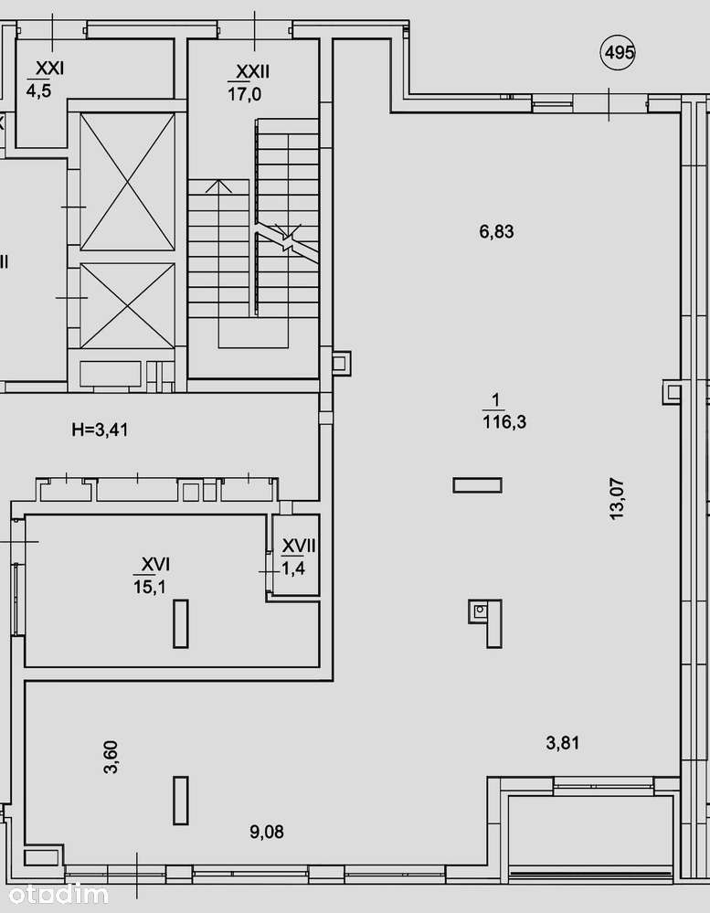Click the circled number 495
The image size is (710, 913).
click(618, 53)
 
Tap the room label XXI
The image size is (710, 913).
click(49, 69)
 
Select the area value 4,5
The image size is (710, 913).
click(38, 90)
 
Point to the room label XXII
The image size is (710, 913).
click(252, 71)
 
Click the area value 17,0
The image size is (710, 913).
click(244, 94)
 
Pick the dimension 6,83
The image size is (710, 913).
click(496, 232)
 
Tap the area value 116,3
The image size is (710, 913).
click(504, 421)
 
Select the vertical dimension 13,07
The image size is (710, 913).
click(616, 498)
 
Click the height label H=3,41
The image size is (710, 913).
click(101, 430)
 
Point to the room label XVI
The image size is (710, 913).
click(156, 564)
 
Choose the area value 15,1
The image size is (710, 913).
click(150, 587)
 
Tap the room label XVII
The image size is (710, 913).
click(299, 547)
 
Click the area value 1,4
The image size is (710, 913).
click(294, 568)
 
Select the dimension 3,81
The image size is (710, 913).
click(563, 743)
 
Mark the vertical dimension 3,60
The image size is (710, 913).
click(111, 757)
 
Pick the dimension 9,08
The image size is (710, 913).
click(267, 832)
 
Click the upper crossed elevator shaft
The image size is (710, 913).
click(127, 182)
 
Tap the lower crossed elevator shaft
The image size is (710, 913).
click(127, 306)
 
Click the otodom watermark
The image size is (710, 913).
click(58, 895)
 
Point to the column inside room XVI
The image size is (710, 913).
click(181, 623)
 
